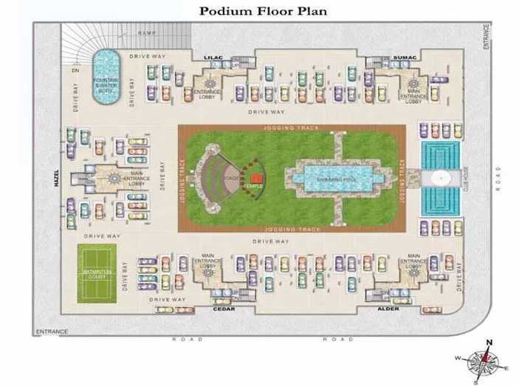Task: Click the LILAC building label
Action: [213, 56]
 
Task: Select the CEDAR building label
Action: [224, 309]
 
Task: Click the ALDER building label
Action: [388, 309]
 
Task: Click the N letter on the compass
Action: [488, 342]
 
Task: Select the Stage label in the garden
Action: [231, 178]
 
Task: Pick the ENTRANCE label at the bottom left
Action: [52, 332]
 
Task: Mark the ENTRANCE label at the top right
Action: [487, 36]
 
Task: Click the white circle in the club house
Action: [439, 177]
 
